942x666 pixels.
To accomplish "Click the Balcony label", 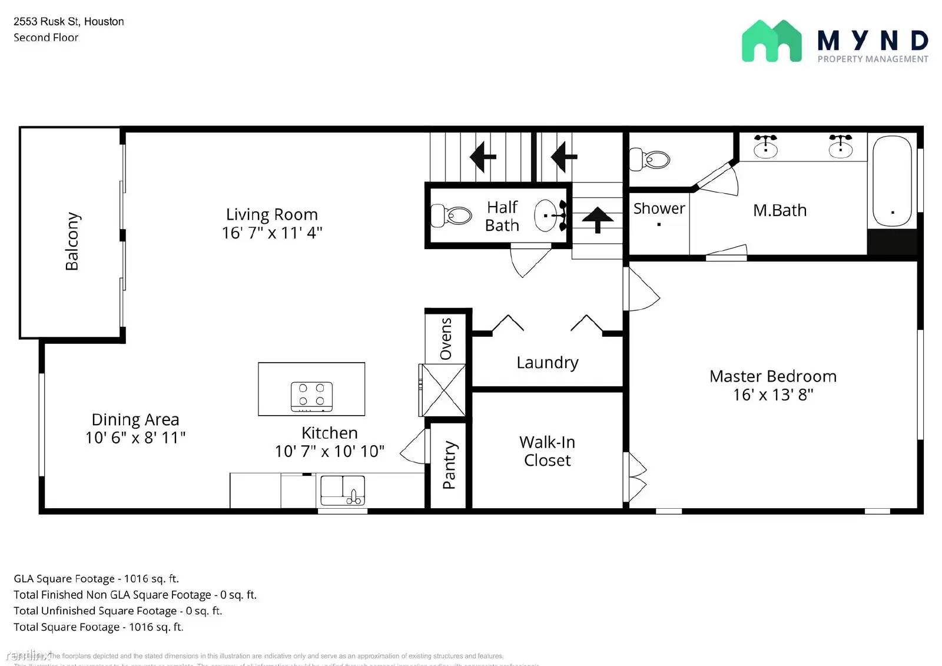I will (72, 241).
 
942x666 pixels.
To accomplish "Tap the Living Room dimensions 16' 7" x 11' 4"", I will (272, 233).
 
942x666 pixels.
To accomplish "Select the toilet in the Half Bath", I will (452, 216).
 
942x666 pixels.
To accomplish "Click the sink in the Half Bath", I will (547, 216).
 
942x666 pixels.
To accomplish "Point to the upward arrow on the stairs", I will (598, 220).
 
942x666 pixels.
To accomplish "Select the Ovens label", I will (446, 339).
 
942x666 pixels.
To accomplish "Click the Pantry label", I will (449, 465).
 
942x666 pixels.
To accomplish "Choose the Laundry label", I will (548, 362).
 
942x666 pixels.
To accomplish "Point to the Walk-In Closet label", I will (548, 451).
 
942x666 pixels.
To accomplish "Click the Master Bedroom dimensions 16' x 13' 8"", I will (773, 395).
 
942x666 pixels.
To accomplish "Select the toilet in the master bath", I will (650, 159).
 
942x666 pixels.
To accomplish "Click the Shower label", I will (659, 208).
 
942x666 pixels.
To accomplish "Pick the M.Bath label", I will (780, 210).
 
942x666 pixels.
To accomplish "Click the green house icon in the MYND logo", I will (771, 41).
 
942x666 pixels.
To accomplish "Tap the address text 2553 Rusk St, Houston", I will (69, 22).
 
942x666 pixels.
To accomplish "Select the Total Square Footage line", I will (98, 627).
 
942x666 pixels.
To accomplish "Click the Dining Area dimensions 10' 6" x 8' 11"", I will (135, 438).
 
